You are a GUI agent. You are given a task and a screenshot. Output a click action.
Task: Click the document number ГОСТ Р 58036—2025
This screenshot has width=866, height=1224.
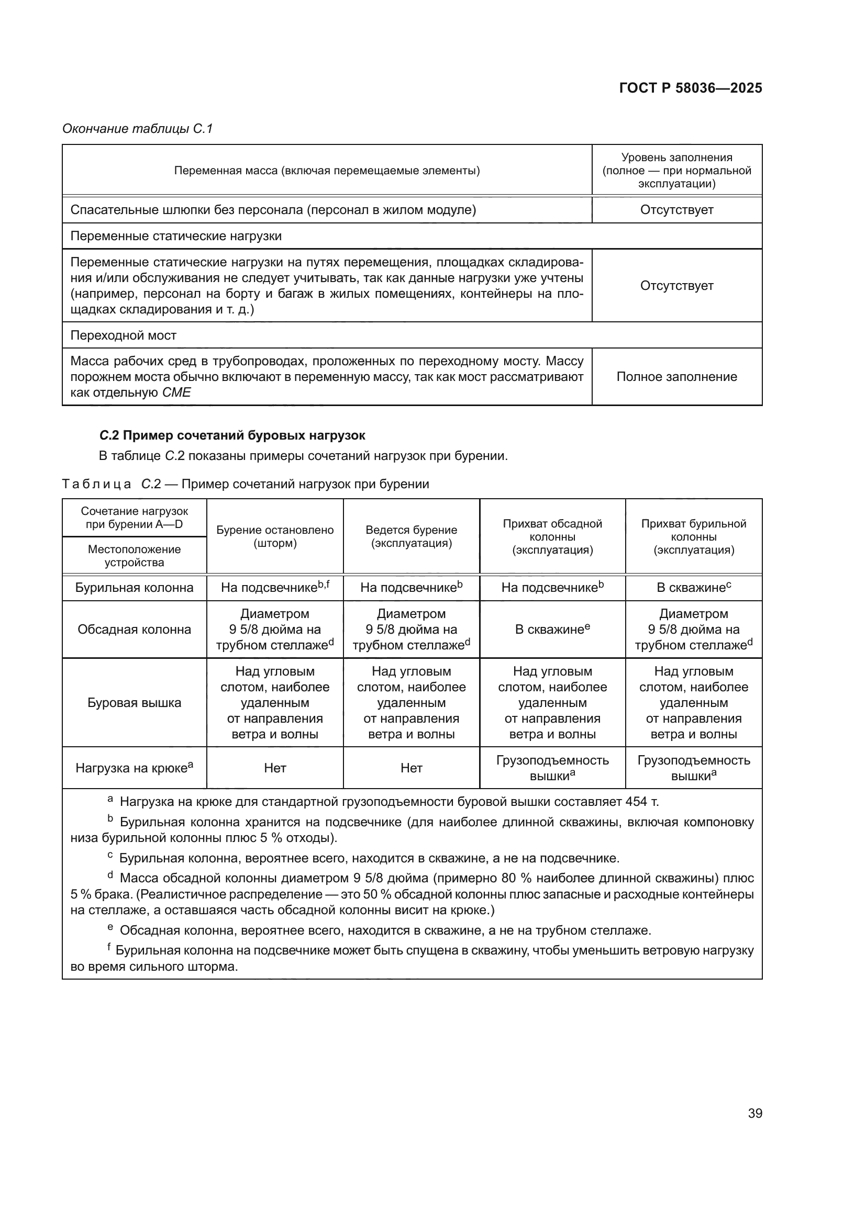tap(690, 88)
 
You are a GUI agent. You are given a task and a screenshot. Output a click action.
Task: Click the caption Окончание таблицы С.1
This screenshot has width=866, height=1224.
tap(138, 129)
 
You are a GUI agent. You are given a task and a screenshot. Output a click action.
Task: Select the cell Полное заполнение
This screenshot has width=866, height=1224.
tap(676, 376)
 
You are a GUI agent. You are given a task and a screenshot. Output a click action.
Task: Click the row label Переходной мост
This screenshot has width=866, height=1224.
tap(123, 335)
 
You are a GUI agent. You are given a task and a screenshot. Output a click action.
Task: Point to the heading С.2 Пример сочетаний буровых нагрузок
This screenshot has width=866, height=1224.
tap(232, 435)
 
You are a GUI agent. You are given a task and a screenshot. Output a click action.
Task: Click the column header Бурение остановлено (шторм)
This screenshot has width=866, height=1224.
tap(275, 536)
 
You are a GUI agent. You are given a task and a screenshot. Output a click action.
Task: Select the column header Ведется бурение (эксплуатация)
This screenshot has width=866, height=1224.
tap(411, 536)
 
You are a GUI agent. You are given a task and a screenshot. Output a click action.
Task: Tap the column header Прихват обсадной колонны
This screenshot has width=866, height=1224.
tap(552, 536)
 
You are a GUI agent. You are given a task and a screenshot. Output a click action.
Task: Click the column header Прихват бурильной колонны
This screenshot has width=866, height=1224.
tap(693, 536)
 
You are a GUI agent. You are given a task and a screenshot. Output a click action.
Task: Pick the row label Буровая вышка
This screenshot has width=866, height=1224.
tap(135, 702)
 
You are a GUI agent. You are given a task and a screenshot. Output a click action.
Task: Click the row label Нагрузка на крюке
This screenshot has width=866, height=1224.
tap(135, 768)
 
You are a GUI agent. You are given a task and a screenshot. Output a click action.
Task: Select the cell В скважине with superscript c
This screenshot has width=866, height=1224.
tap(693, 588)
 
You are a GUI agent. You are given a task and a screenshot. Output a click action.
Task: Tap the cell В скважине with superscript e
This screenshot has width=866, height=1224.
tap(552, 629)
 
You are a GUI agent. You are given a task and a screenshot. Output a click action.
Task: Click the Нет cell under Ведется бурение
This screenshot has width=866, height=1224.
tap(411, 768)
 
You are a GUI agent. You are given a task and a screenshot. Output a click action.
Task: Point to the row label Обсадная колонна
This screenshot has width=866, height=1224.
tap(135, 629)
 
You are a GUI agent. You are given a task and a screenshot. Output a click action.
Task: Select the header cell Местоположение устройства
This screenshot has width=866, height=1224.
tap(135, 556)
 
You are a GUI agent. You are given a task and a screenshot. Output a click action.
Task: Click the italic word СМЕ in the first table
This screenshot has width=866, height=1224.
tap(176, 393)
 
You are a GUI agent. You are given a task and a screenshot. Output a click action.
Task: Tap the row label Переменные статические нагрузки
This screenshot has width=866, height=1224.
tap(176, 236)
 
